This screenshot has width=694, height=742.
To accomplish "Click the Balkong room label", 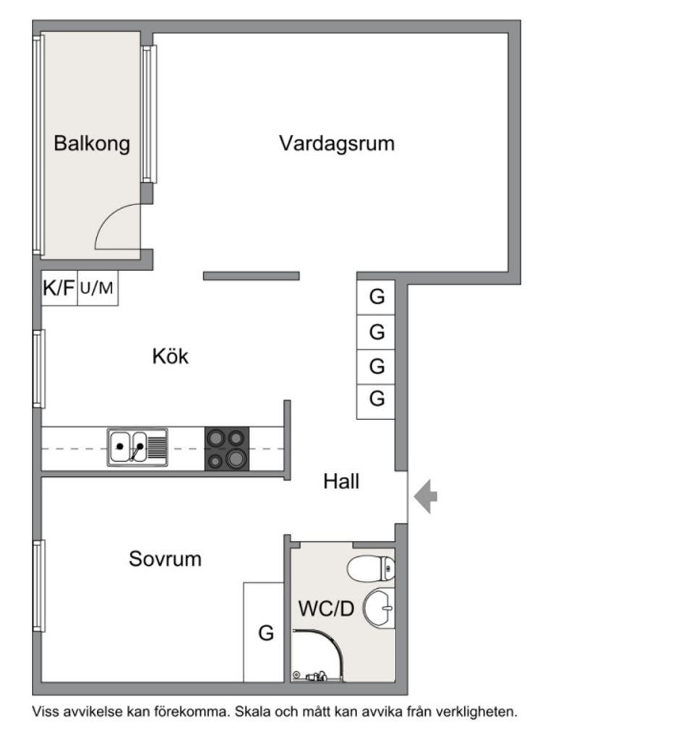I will point(92,143).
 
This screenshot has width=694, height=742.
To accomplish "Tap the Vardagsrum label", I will point(337,143).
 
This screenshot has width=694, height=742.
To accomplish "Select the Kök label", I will point(170,356).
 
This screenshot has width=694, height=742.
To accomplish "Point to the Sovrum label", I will point(165,558).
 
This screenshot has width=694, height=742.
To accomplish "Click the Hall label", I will point(341,481).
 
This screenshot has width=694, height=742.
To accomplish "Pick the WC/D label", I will point(326,609).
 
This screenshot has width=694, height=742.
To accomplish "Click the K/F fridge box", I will point(59,288).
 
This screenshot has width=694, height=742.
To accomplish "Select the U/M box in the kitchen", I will point(97,288).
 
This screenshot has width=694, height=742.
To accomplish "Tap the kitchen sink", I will point(137,447).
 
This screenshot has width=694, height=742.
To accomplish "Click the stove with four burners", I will point(227,448).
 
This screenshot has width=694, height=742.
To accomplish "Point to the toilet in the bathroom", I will point(371,569).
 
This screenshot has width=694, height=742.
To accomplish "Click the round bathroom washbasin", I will point(378,608).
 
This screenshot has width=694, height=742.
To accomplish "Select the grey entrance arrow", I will point(426,497).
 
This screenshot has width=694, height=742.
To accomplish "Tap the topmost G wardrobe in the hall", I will point(376,297).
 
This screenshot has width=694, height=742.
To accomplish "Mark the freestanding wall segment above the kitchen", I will point(251,275).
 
